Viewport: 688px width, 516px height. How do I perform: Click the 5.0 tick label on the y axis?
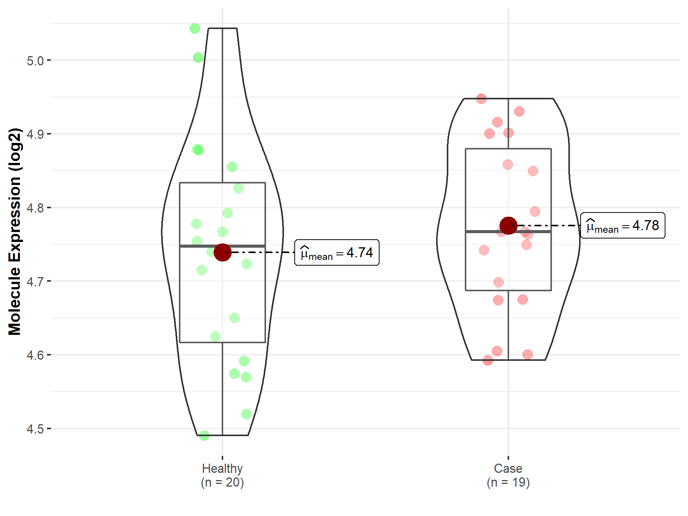(x=35, y=60)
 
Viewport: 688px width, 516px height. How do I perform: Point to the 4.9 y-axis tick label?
(x=35, y=134)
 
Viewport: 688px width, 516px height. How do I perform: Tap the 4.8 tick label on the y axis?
(x=35, y=208)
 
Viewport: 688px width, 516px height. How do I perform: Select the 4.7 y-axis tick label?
(x=35, y=281)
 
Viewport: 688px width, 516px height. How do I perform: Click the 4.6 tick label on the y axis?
(x=35, y=355)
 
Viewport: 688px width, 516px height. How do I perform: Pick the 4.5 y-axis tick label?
(x=35, y=429)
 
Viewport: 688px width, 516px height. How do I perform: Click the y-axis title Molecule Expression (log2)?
(x=15, y=232)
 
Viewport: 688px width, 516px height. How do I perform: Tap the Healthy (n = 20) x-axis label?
(x=222, y=475)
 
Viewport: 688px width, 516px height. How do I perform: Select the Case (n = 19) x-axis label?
(x=508, y=475)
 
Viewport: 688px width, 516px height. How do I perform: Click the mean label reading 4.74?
(x=337, y=253)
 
